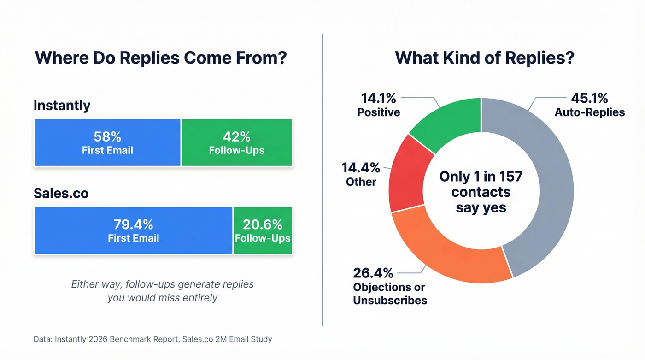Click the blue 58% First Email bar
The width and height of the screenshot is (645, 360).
click(107, 142)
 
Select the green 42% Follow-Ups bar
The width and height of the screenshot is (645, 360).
click(237, 142)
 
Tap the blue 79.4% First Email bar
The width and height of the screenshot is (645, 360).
click(133, 230)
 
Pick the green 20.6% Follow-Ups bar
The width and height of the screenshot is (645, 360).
click(263, 230)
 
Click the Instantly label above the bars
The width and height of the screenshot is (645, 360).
click(62, 106)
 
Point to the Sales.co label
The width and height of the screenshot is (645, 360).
click(61, 194)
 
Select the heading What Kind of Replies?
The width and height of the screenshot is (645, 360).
click(485, 58)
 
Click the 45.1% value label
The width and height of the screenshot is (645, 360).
click(589, 98)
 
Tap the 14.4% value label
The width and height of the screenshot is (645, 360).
click(360, 167)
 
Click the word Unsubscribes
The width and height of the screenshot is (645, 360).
click(390, 301)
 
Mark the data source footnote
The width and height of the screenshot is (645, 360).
click(153, 339)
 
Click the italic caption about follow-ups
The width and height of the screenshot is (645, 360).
click(162, 291)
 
